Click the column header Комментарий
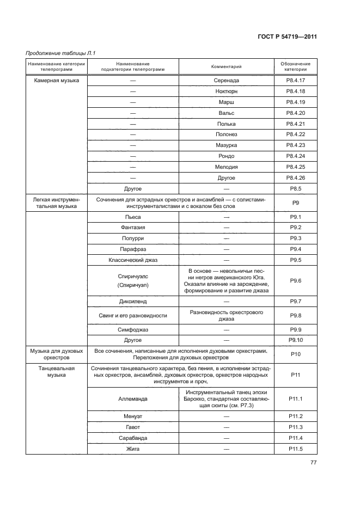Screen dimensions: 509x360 coord(226,67)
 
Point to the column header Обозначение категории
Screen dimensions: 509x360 coord(296,67)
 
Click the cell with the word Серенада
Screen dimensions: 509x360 coord(226,81)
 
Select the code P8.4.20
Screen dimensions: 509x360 coord(296,113)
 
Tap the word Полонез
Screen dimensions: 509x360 coord(226,134)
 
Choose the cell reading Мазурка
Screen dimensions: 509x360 coord(226,145)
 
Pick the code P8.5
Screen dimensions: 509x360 coord(296,188)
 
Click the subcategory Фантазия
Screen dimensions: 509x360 coord(133,228)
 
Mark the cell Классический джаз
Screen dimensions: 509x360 coord(133,260)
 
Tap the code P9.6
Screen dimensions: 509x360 coord(296,280)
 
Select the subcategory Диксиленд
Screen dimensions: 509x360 coord(133,301)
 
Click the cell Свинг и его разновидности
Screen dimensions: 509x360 coord(133,316)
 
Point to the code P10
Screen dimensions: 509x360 coord(296,354)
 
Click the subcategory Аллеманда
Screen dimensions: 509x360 coord(133,399)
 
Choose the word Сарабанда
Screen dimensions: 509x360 coord(133,438)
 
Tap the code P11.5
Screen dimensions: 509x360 coord(296,449)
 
